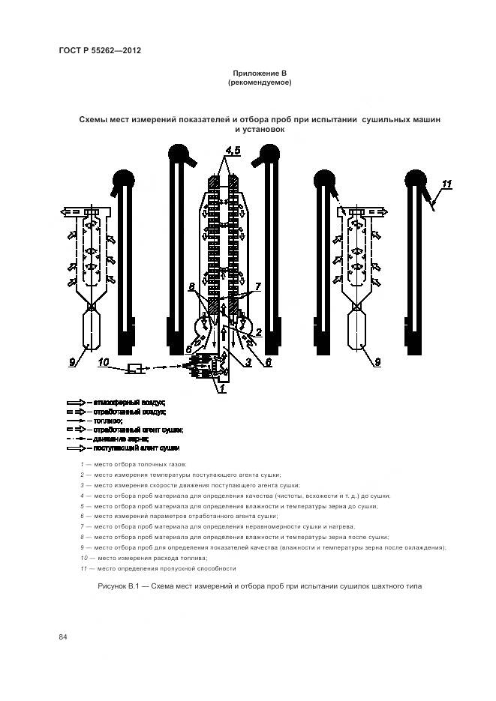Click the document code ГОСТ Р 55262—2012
pos(100,50)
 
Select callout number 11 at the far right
pos(447,184)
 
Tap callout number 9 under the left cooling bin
pos(72,362)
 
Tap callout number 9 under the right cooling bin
pos(377,362)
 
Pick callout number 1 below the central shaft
pos(220,388)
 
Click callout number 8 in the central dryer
pos(192,286)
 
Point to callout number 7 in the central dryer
pos(257,286)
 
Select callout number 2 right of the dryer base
pos(259,331)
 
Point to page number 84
pos(63,637)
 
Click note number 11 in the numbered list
pos(82,568)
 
